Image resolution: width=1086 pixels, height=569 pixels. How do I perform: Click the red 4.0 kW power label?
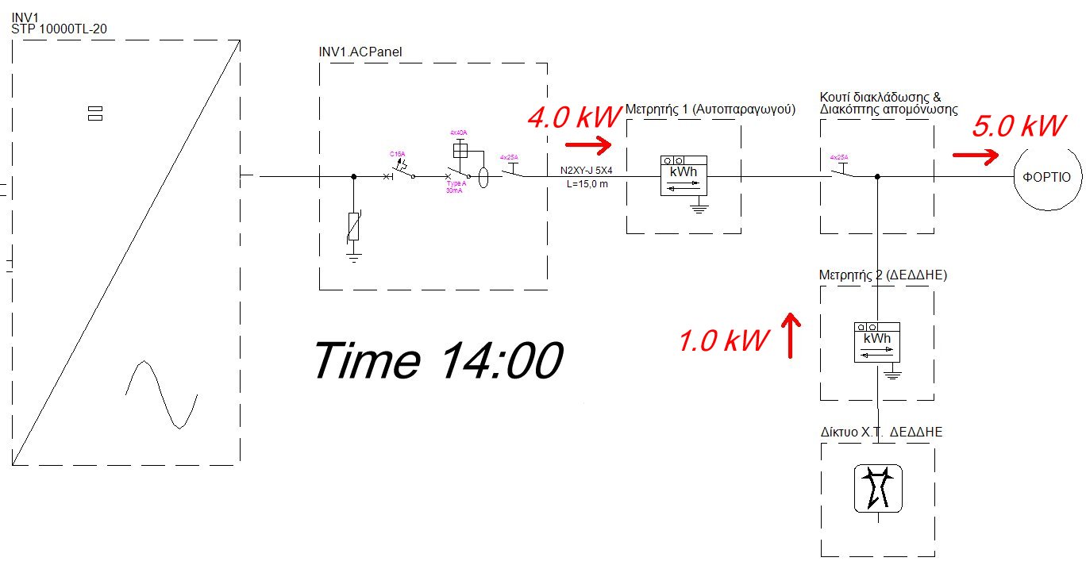click(x=573, y=117)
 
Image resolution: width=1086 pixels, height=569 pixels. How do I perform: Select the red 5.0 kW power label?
click(x=1018, y=128)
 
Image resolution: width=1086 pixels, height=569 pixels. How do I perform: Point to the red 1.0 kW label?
click(x=723, y=340)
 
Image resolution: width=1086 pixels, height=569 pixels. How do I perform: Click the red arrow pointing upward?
click(x=791, y=335)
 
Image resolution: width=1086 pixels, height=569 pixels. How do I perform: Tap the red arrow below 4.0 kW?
click(x=587, y=145)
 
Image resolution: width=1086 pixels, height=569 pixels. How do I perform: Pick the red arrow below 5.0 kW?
click(x=975, y=156)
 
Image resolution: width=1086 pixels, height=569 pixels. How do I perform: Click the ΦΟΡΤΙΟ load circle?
click(x=1046, y=177)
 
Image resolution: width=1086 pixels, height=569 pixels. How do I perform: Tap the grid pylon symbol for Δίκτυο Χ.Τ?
click(x=876, y=488)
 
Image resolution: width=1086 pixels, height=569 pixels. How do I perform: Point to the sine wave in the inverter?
click(x=162, y=394)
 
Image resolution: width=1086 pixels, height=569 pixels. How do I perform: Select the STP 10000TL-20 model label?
click(x=60, y=29)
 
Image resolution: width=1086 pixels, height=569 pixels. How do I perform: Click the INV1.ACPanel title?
click(x=360, y=52)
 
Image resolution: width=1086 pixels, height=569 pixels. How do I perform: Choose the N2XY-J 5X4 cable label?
click(x=587, y=170)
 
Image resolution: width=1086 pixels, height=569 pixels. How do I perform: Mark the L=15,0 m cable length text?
click(x=587, y=185)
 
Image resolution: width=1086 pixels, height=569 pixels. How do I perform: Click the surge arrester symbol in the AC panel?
click(x=354, y=227)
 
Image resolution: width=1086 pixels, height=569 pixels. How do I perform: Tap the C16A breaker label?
click(x=397, y=153)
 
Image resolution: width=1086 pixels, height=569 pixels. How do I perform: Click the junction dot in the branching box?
click(x=876, y=177)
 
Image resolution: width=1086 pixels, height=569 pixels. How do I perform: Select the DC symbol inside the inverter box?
click(x=94, y=113)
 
